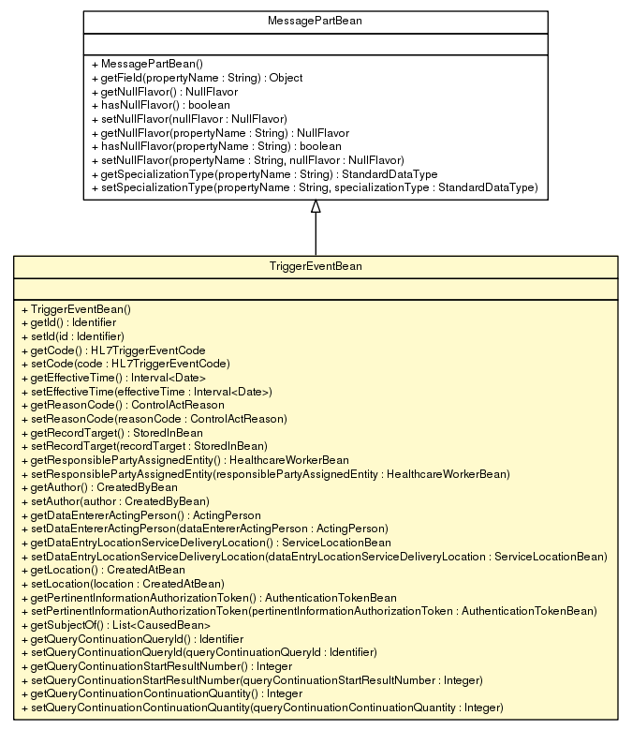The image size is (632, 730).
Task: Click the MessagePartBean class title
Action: pos(315,20)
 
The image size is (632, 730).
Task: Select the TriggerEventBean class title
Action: pos(315,266)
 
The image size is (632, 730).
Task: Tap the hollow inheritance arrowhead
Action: pos(316,206)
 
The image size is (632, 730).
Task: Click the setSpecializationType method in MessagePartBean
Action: pos(316,187)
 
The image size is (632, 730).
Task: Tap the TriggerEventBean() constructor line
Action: pos(76,308)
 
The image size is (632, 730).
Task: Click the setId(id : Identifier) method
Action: pos(72,335)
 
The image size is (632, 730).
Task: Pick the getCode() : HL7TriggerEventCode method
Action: pos(112,350)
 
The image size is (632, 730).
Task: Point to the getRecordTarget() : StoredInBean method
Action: pos(111,432)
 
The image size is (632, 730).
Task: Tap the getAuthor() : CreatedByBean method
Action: pos(98,487)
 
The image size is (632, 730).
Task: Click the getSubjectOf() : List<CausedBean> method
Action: pos(114,624)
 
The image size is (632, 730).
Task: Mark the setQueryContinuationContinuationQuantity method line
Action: pos(261,707)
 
